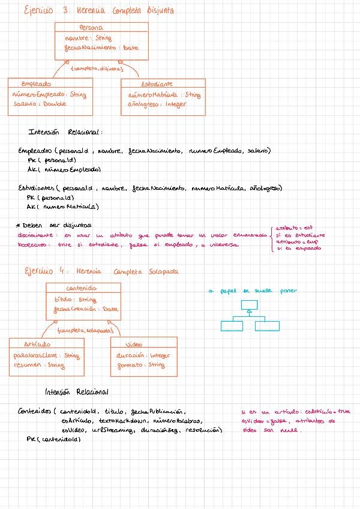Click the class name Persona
coord(91,28)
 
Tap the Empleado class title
coord(36,84)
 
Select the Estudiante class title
coord(157,84)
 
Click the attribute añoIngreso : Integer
coord(157,104)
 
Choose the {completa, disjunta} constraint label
coord(93,68)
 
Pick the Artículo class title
coord(38,345)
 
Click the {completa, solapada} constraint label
coord(85,330)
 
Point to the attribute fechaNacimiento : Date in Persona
coord(101,48)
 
